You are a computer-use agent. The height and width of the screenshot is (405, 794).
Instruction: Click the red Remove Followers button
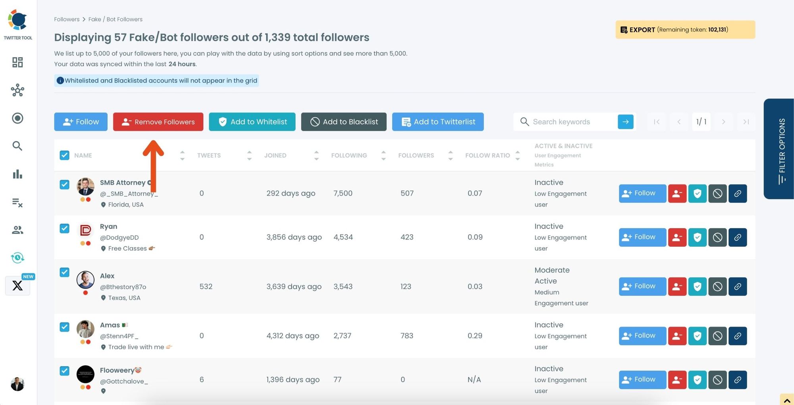click(x=158, y=122)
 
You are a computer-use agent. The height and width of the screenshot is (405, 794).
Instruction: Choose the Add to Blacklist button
click(x=343, y=122)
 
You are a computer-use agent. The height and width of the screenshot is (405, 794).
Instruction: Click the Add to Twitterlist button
click(x=437, y=122)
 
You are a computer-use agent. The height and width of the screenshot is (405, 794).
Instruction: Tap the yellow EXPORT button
click(x=685, y=30)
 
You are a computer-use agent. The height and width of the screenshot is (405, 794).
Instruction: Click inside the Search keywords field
click(x=572, y=122)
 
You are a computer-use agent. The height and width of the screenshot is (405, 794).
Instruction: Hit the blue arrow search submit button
click(x=625, y=122)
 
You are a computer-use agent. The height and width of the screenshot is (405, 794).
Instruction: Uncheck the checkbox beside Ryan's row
click(x=64, y=228)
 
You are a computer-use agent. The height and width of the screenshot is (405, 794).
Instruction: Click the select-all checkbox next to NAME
click(x=64, y=155)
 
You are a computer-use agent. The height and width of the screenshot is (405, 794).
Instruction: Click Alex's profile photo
click(x=85, y=280)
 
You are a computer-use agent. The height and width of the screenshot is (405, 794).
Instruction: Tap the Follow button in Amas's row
click(x=642, y=336)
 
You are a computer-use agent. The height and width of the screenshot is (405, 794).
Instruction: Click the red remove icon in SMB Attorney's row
click(x=677, y=194)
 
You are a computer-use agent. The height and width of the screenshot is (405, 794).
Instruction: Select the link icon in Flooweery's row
click(x=737, y=380)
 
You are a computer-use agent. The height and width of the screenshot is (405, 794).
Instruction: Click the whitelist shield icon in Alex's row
click(x=697, y=286)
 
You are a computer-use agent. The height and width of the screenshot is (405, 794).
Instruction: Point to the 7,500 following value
click(x=343, y=193)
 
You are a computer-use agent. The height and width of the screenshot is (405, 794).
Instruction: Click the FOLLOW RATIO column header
click(x=488, y=155)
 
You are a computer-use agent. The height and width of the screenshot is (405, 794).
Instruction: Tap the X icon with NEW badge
click(x=17, y=286)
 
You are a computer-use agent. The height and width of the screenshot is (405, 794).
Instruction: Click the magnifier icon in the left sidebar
click(x=17, y=146)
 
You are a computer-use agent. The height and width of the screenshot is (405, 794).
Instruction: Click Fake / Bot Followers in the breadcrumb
click(x=115, y=19)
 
